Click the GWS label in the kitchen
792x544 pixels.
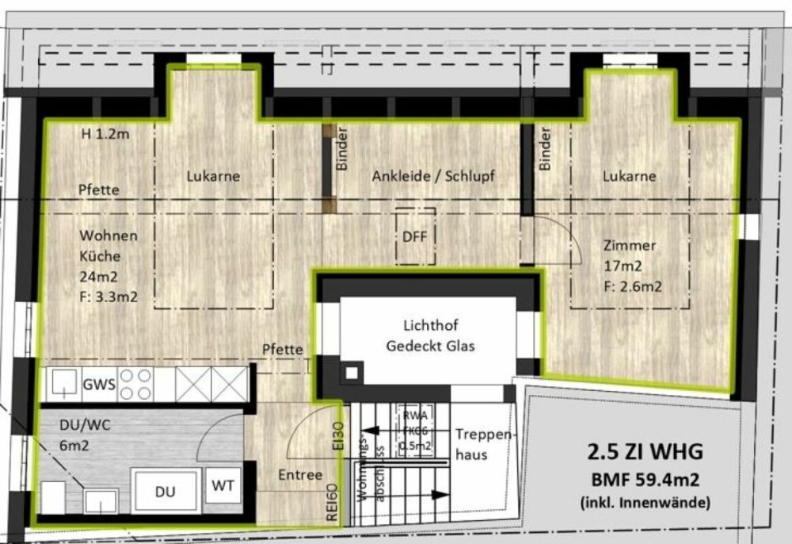(x=100, y=386)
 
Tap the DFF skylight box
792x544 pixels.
(x=415, y=236)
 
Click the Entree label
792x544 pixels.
(x=300, y=474)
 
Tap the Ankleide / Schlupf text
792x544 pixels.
(x=433, y=176)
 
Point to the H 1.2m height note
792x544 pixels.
(x=105, y=134)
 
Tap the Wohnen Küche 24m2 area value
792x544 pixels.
(x=97, y=278)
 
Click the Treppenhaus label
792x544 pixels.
(x=484, y=445)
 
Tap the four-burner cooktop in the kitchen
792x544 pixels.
(x=135, y=385)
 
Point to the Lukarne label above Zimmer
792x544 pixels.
(x=629, y=176)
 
